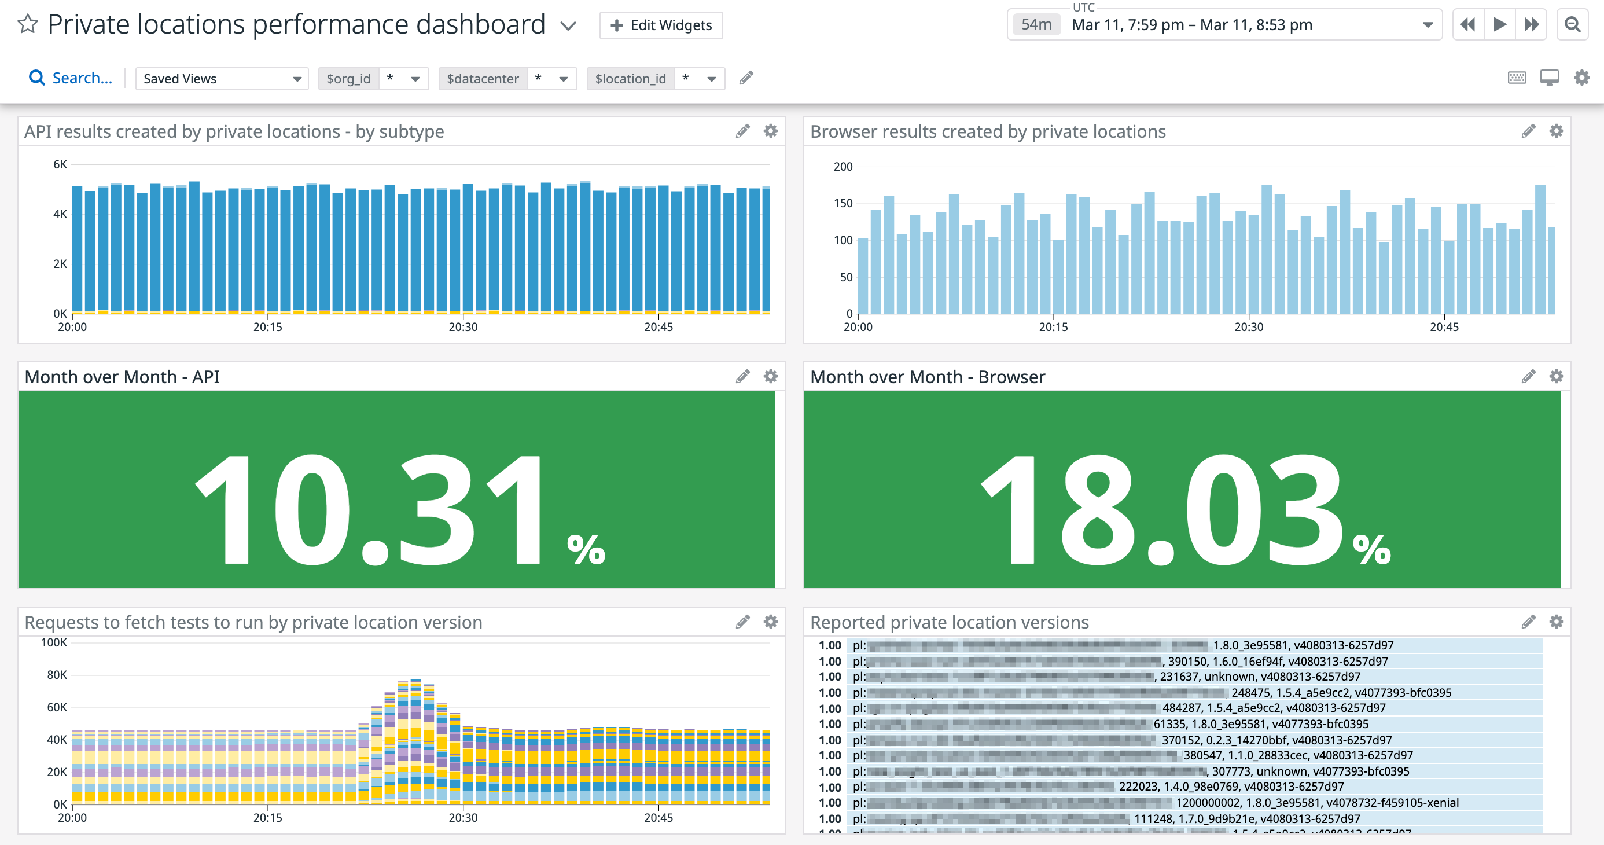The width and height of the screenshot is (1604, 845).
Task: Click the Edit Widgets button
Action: click(x=661, y=25)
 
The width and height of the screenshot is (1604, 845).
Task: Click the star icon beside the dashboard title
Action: click(x=27, y=24)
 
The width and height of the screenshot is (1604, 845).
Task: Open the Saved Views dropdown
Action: click(x=222, y=79)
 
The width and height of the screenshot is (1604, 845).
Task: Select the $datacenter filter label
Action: click(x=482, y=79)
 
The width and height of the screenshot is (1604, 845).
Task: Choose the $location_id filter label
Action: click(x=630, y=79)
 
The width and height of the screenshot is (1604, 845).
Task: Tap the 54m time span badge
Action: click(x=1036, y=24)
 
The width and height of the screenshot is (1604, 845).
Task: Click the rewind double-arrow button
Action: click(x=1467, y=24)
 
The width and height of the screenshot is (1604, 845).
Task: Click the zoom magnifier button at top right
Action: click(x=1572, y=24)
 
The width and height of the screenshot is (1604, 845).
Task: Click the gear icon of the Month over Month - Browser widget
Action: click(x=1555, y=376)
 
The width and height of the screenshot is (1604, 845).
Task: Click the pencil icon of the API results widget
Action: click(x=742, y=131)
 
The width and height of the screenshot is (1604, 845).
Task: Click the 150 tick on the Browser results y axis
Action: click(x=843, y=203)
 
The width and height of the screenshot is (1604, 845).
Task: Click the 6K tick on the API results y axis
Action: click(x=60, y=164)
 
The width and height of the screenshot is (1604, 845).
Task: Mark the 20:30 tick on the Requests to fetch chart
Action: click(x=463, y=817)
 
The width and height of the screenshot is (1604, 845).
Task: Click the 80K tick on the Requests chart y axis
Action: click(x=57, y=674)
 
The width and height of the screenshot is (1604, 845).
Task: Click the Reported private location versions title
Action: click(x=949, y=622)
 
